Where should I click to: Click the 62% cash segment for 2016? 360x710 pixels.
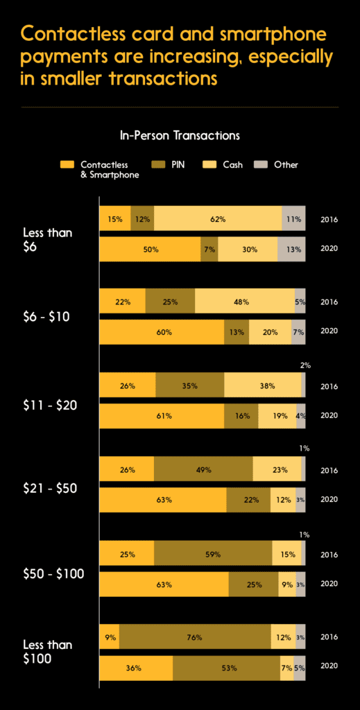218,219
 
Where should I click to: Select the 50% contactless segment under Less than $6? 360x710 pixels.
150,249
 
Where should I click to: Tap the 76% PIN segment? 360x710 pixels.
195,636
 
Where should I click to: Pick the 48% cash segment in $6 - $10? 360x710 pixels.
244,302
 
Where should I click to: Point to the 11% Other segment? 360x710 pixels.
293,219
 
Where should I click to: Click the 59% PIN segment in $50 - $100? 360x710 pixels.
213,554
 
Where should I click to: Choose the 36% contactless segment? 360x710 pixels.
135,668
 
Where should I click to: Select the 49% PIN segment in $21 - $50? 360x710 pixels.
203,469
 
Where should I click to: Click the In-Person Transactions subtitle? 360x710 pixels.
180,135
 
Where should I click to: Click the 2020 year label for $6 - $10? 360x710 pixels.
329,331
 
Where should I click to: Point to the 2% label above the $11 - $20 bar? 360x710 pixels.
305,365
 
